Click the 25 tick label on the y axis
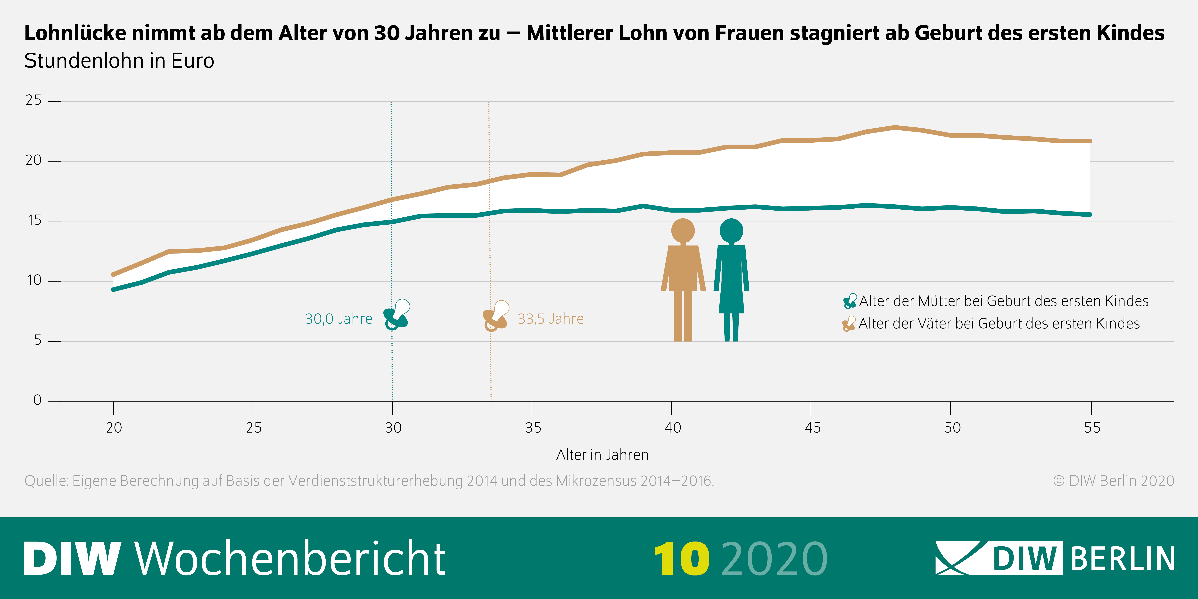click(33, 100)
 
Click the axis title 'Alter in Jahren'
click(602, 455)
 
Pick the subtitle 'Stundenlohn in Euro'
click(119, 61)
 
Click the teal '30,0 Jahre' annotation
click(339, 319)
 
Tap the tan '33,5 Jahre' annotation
click(551, 319)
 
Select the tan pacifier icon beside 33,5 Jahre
click(496, 316)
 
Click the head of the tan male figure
click(683, 231)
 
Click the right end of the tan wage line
click(1090, 141)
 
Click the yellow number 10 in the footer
click(682, 558)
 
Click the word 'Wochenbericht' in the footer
click(291, 558)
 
